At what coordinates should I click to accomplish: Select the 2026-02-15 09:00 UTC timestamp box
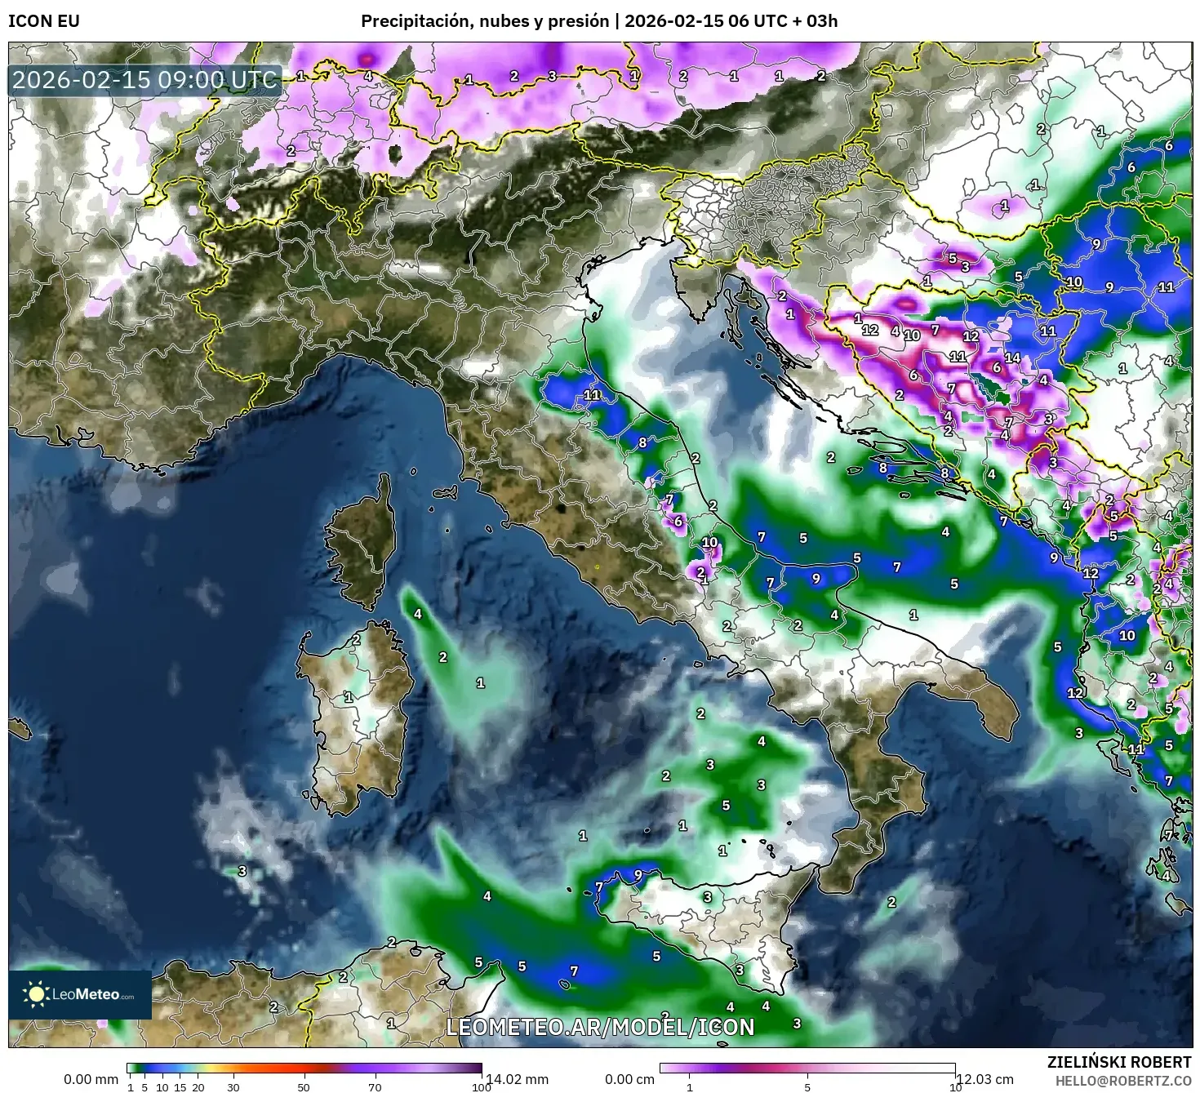point(144,80)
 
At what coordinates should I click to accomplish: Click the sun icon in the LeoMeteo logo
point(36,994)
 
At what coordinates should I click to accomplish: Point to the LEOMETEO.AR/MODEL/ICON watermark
point(600,1027)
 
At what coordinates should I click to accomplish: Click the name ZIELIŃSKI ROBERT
point(1119,1062)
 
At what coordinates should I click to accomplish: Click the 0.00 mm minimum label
point(91,1079)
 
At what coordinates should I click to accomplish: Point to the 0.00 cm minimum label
point(627,1079)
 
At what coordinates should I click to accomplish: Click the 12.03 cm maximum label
point(985,1079)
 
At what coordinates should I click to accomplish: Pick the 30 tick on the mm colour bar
point(233,1087)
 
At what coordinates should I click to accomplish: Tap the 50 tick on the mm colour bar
point(304,1087)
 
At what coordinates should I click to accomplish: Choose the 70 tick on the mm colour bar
point(375,1087)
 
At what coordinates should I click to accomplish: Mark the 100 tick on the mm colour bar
point(482,1087)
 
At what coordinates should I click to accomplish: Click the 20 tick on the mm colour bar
point(198,1087)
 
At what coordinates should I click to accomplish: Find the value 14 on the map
point(1012,358)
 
